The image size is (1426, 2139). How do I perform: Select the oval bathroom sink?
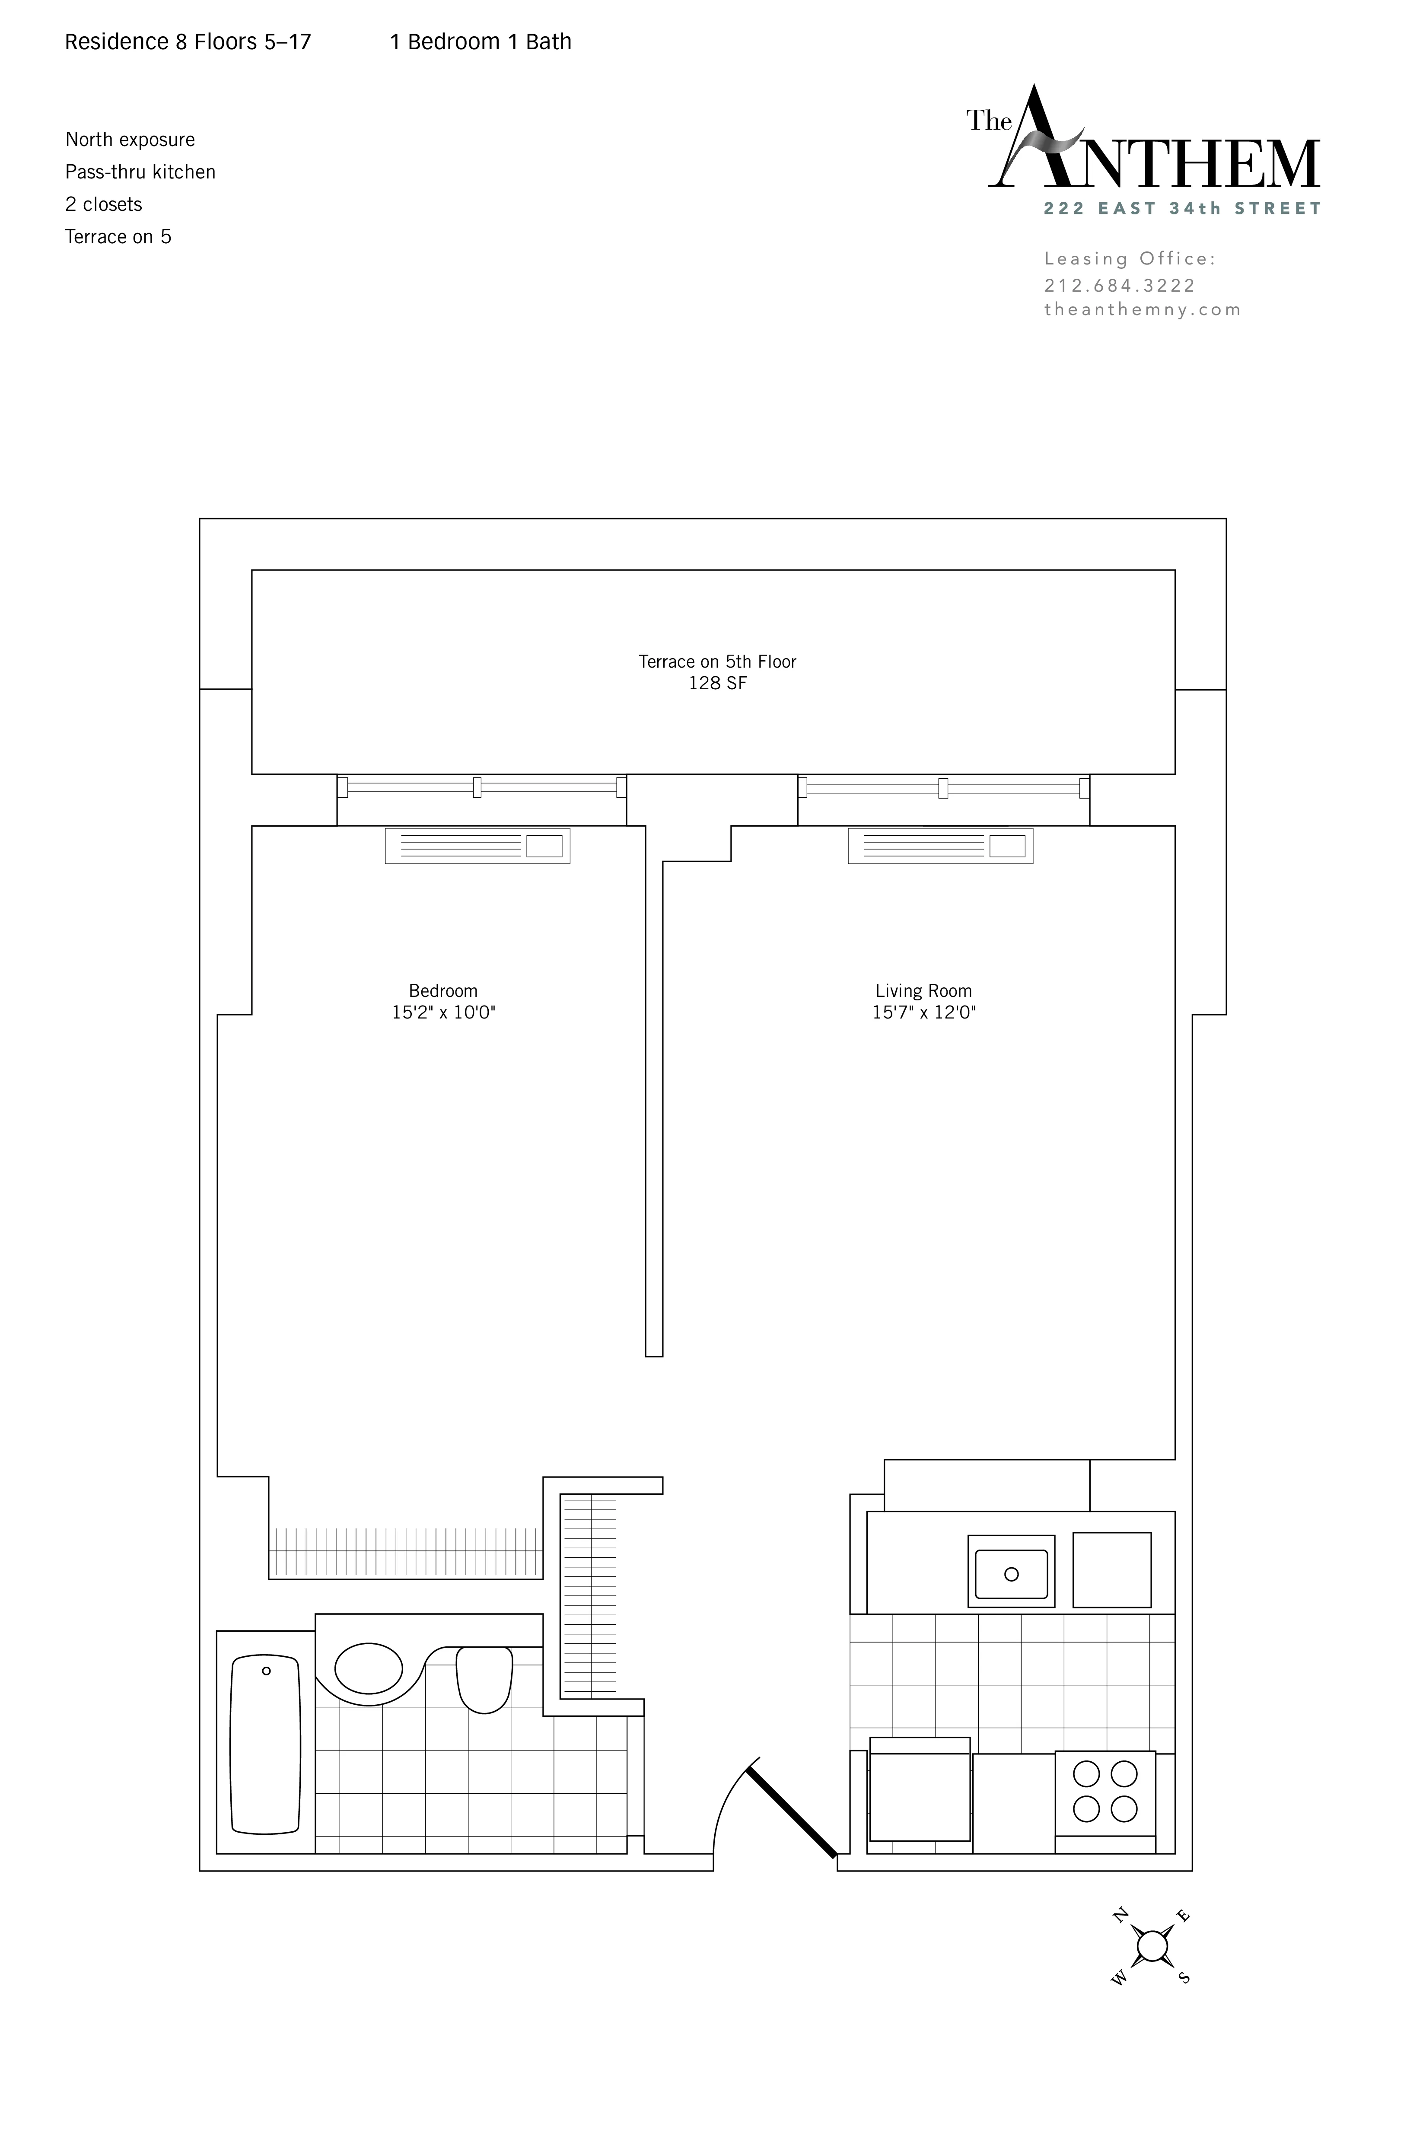point(368,1668)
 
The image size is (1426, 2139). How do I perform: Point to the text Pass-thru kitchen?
point(140,172)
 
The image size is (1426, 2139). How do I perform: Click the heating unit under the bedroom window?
point(477,846)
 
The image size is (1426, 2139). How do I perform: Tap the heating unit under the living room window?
point(940,846)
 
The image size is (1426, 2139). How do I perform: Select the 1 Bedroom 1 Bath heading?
point(480,42)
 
